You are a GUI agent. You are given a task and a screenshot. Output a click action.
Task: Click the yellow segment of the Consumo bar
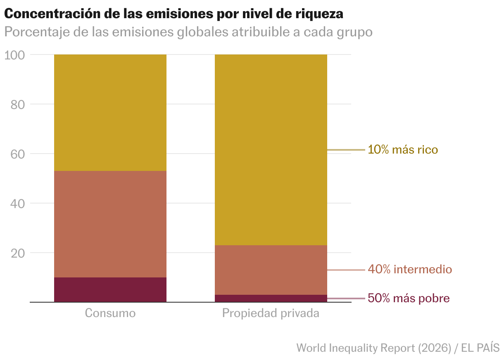coord(110,112)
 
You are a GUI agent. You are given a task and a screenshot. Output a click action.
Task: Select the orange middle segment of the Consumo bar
coord(110,224)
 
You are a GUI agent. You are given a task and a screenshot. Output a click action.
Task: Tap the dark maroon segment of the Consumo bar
coord(110,289)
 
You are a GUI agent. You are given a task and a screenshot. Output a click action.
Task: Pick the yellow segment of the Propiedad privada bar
coord(271,149)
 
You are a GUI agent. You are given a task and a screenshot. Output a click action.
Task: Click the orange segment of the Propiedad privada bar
coord(271,270)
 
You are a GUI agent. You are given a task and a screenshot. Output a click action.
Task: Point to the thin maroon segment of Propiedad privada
coord(271,298)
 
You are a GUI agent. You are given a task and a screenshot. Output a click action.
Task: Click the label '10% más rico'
coord(403,149)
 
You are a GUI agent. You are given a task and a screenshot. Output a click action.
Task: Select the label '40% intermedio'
coord(410,270)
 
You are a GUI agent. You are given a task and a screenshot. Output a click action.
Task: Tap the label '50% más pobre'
coord(409,298)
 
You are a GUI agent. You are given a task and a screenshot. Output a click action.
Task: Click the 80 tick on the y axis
coord(18,104)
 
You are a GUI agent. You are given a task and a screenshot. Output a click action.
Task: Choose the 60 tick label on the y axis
coord(18,154)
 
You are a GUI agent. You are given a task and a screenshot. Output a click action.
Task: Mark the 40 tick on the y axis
coord(18,204)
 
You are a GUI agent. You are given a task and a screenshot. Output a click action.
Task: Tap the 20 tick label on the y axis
coord(18,253)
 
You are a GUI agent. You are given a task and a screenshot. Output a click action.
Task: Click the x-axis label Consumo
coord(110,313)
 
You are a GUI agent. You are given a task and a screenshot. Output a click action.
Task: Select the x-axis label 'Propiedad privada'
coord(271,313)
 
